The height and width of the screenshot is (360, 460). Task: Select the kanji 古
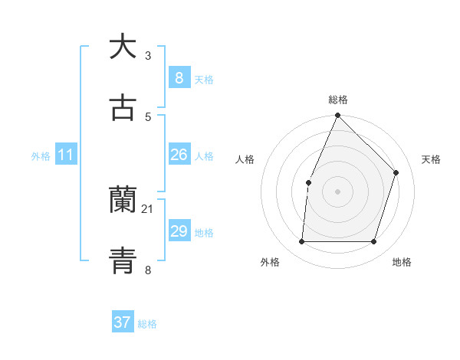point(123,108)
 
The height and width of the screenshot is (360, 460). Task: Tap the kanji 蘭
point(123,201)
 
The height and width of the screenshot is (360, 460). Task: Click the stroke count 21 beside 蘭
point(148,208)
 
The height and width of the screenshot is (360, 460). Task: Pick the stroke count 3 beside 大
point(148,55)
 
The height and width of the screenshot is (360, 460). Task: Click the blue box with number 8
point(179,77)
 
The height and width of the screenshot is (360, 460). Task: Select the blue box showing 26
point(179,155)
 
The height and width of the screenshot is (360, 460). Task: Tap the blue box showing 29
point(179,231)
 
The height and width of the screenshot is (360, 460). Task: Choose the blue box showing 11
point(66,155)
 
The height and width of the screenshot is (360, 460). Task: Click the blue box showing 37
point(122,322)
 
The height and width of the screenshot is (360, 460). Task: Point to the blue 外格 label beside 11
point(41,155)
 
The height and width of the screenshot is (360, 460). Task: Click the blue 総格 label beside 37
point(147,323)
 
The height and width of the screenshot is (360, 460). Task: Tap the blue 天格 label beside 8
point(204,79)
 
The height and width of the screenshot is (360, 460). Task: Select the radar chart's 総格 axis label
point(338,100)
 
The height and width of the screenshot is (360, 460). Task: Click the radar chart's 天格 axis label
point(432,159)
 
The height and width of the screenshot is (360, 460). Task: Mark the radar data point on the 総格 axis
point(337,116)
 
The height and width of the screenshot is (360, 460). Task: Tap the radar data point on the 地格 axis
point(373,242)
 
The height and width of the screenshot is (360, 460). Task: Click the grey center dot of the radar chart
point(337,191)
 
